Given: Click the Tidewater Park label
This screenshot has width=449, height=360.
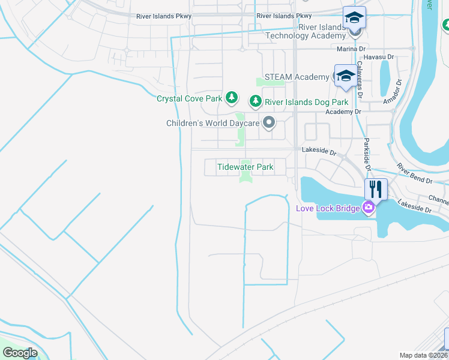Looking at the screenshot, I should click(246, 167).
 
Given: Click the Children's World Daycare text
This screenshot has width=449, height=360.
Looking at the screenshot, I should click(212, 124).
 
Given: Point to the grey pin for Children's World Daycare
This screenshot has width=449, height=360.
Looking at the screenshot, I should click(269, 123).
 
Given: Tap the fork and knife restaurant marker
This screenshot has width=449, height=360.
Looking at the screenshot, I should click(376, 190).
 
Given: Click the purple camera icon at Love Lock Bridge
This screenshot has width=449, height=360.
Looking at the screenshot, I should click(369, 208).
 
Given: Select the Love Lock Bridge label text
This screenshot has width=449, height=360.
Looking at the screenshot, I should click(328, 208).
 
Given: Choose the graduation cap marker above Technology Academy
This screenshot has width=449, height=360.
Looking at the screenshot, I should click(354, 18).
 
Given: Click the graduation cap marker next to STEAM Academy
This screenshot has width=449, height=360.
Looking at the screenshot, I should click(345, 76).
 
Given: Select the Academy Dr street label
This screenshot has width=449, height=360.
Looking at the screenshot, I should click(343, 112).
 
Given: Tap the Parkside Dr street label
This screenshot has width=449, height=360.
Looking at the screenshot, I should click(366, 154).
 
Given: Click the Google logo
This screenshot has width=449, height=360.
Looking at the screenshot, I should click(20, 352).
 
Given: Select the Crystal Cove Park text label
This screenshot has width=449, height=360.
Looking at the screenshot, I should click(189, 98).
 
